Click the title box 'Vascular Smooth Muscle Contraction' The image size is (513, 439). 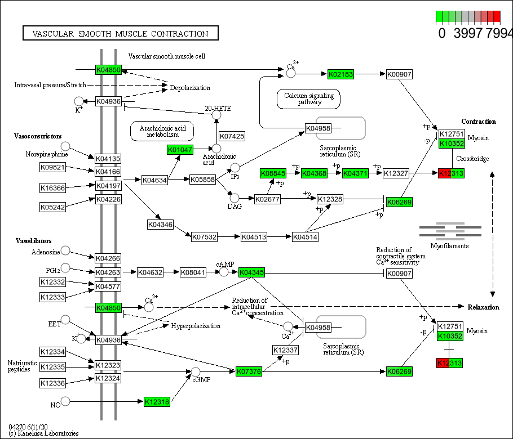pyautogui.click(x=120, y=34)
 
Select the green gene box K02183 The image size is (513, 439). pyautogui.click(x=341, y=74)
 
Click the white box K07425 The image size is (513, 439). pyautogui.click(x=232, y=136)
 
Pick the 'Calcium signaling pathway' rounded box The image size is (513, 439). pyautogui.click(x=309, y=99)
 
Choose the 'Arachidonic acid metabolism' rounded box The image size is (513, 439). pyautogui.click(x=162, y=131)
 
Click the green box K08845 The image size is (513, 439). pyautogui.click(x=273, y=173)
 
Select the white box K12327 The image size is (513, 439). pyautogui.click(x=396, y=173)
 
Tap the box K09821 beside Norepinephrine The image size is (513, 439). pyautogui.click(x=53, y=167)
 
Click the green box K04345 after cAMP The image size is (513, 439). pyautogui.click(x=251, y=272)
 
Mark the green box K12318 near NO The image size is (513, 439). pyautogui.click(x=157, y=402)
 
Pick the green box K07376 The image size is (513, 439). pyautogui.click(x=249, y=371)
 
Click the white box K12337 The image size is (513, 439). pyautogui.click(x=285, y=350)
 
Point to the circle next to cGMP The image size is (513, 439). pyautogui.click(x=196, y=371)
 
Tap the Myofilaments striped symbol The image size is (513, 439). pyautogui.click(x=450, y=230)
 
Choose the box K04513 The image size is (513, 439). pyautogui.click(x=254, y=237)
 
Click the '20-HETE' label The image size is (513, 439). pyautogui.click(x=218, y=108)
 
